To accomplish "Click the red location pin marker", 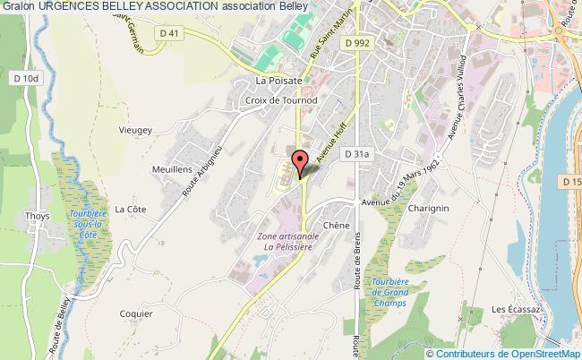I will click(x=300, y=161).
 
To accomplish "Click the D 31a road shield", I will click(x=356, y=155).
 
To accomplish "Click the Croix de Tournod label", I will click(x=276, y=100).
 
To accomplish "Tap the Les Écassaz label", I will click(x=513, y=310).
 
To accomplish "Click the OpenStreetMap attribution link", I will click(x=533, y=353).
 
